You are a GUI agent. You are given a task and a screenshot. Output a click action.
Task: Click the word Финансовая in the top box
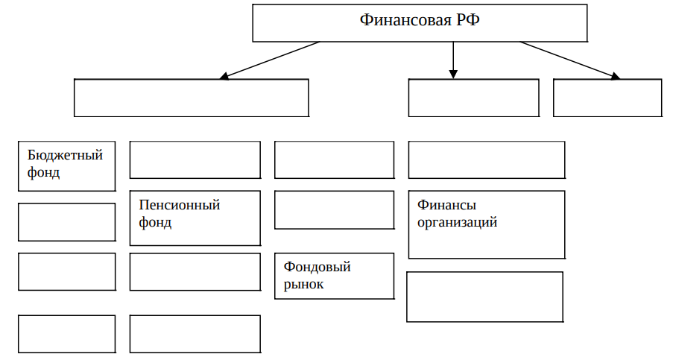406,19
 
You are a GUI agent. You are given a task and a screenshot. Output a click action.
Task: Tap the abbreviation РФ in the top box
468,19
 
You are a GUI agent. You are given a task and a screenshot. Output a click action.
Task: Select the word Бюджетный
66,155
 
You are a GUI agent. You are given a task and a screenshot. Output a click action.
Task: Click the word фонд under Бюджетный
43,172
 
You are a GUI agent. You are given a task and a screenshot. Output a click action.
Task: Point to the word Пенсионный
180,205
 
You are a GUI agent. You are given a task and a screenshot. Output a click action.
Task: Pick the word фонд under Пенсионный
155,222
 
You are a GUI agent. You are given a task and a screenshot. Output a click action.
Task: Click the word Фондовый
317,267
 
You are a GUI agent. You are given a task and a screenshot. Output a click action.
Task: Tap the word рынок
303,284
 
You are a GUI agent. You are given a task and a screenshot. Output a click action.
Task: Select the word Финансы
447,205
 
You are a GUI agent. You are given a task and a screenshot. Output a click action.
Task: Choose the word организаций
457,222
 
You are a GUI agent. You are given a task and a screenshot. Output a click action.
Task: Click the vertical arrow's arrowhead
453,75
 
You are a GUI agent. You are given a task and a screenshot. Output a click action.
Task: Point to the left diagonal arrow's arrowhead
224,76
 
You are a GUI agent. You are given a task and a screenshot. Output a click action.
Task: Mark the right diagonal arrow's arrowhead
616,76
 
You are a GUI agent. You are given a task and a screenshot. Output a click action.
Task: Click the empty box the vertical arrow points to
474,98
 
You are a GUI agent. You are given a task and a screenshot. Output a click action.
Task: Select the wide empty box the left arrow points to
192,98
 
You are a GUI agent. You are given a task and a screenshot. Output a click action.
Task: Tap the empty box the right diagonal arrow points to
607,98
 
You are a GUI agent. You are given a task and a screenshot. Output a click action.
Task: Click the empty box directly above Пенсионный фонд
195,160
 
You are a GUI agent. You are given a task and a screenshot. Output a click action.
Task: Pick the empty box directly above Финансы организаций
487,160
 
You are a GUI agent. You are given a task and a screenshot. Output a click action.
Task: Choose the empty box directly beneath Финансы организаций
484,297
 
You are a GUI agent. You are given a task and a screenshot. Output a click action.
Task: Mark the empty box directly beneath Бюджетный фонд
67,222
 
